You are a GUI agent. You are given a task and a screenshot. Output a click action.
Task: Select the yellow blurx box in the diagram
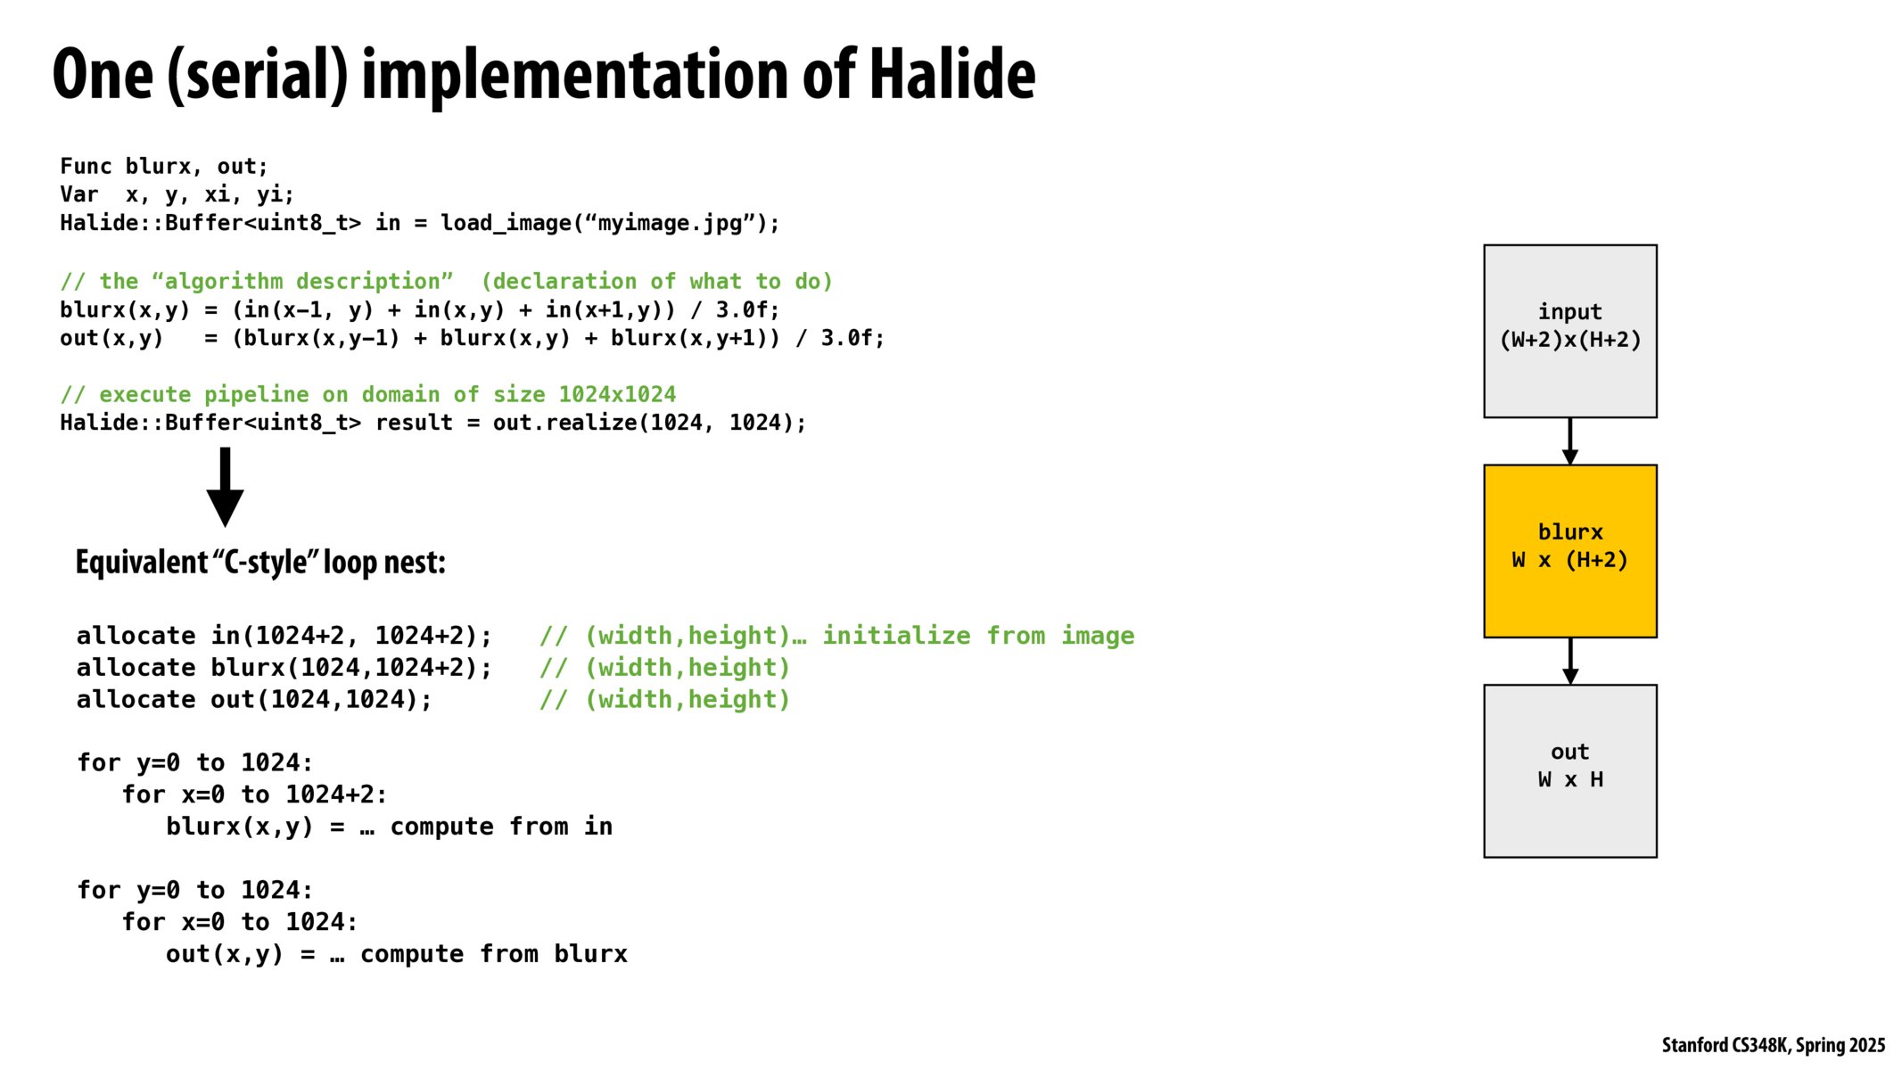click(x=1569, y=551)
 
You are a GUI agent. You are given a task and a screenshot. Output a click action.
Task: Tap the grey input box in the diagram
click(x=1569, y=331)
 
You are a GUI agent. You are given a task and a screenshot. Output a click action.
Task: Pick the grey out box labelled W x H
click(x=1569, y=771)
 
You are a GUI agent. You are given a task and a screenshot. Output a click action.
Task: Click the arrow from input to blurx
click(x=1570, y=441)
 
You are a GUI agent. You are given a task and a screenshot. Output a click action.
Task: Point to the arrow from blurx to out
click(x=1570, y=662)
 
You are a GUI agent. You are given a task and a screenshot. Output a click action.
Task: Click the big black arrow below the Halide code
click(x=225, y=487)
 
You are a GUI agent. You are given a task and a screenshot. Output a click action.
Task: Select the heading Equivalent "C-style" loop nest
click(x=260, y=563)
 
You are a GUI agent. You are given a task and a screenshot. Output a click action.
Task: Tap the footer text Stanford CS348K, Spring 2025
click(x=1773, y=1045)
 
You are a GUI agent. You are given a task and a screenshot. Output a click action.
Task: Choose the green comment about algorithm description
click(x=446, y=282)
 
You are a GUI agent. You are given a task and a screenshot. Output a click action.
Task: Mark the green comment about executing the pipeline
click(x=368, y=394)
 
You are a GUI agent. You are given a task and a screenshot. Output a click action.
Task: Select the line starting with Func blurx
click(x=164, y=167)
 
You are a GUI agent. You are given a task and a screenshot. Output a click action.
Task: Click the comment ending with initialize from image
click(x=836, y=636)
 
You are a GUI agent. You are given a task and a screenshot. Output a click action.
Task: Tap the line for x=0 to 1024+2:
click(x=255, y=794)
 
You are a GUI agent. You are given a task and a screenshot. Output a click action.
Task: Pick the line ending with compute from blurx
click(x=397, y=954)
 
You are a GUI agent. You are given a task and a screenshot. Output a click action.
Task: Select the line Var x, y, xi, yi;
click(x=177, y=195)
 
